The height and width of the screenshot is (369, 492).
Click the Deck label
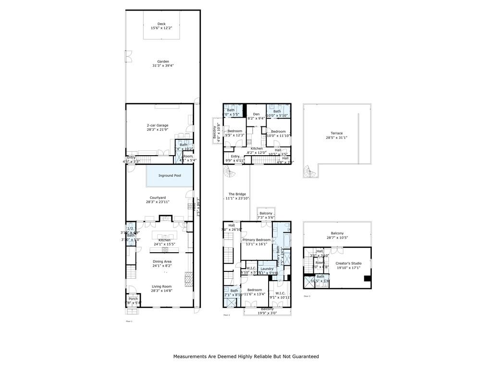click(161, 24)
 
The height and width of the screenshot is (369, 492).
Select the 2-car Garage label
click(158, 124)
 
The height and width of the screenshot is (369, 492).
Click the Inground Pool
click(170, 176)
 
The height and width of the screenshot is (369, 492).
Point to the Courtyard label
click(158, 197)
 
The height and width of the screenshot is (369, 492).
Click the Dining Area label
click(162, 261)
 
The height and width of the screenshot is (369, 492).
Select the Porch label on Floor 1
click(133, 299)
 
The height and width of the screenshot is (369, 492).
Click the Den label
click(256, 114)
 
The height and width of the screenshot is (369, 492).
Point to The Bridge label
click(237, 194)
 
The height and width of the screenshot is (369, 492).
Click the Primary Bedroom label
click(256, 239)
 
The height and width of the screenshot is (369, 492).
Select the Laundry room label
click(267, 269)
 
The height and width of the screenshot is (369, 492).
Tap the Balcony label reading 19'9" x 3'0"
click(267, 309)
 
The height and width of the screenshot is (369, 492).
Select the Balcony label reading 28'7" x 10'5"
click(337, 233)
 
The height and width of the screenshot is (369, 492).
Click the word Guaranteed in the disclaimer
click(302, 357)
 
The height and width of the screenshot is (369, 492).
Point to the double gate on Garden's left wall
click(128, 57)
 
